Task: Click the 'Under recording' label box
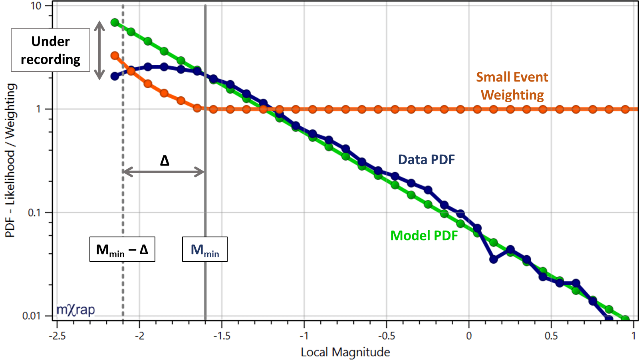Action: click(x=50, y=50)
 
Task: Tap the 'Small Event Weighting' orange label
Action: click(x=512, y=86)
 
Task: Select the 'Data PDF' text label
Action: click(x=427, y=160)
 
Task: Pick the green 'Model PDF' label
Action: click(x=424, y=236)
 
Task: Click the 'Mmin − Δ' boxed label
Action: click(x=122, y=250)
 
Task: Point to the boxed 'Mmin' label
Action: click(x=205, y=250)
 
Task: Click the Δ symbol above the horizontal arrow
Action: click(x=165, y=161)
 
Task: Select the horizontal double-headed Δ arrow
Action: click(x=164, y=172)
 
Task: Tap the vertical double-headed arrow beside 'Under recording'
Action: click(x=99, y=50)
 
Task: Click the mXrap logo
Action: click(x=75, y=310)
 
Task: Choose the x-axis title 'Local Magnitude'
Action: click(x=345, y=352)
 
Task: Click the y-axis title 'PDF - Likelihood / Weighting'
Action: click(x=10, y=160)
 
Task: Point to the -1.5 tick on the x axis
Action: click(x=222, y=336)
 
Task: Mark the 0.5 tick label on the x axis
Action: click(x=551, y=336)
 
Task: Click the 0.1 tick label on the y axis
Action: click(x=34, y=213)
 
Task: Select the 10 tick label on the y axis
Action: click(x=36, y=6)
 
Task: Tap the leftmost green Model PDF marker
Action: click(x=115, y=22)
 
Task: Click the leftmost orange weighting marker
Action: click(x=115, y=56)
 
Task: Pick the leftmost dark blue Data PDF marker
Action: click(x=115, y=76)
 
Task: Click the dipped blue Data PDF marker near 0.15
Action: click(x=494, y=259)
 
